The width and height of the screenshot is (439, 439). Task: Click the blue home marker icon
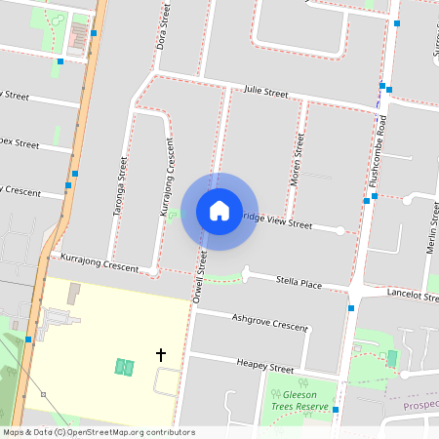pyautogui.click(x=219, y=211)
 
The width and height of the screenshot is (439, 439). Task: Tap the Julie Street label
pyautogui.click(x=266, y=92)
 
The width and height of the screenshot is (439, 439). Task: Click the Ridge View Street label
pyautogui.click(x=277, y=222)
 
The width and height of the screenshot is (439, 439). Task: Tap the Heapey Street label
pyautogui.click(x=265, y=366)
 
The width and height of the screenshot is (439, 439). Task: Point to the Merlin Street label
pyautogui.click(x=430, y=230)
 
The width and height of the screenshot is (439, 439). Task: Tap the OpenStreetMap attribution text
pyautogui.click(x=99, y=432)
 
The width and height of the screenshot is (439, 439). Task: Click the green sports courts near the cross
pyautogui.click(x=124, y=367)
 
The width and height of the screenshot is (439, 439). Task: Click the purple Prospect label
pyautogui.click(x=420, y=403)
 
